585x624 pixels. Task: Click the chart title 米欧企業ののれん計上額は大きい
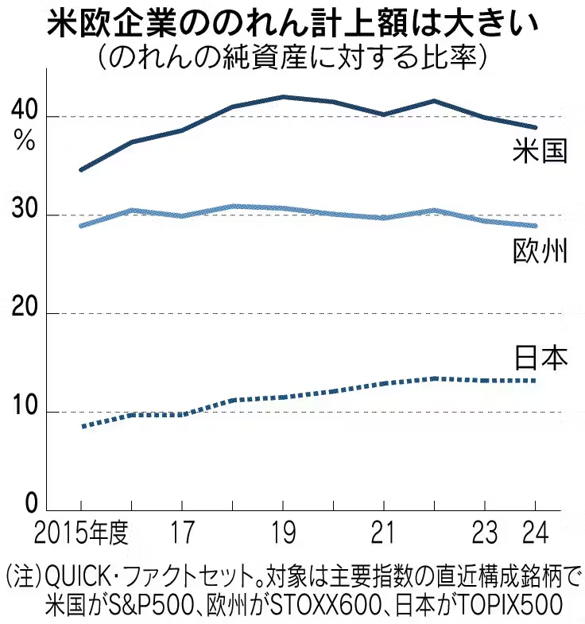(x=292, y=24)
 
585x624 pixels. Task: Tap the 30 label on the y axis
(x=24, y=215)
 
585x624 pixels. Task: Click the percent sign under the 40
(x=24, y=142)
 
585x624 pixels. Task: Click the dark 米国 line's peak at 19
(x=283, y=97)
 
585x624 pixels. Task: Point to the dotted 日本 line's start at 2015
(x=82, y=427)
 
